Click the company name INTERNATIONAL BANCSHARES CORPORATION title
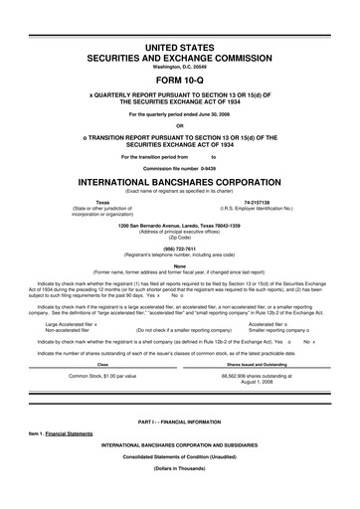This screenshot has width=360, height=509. pos(180,182)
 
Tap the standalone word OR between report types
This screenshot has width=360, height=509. pos(180,124)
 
